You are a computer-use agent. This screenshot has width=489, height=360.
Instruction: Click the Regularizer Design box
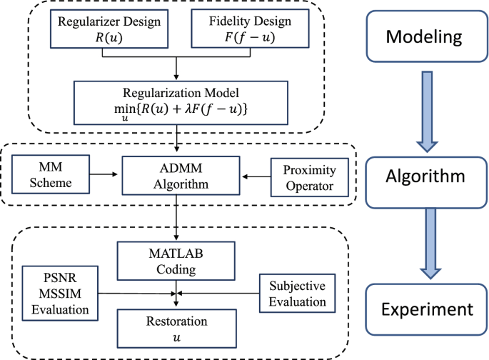coord(109,29)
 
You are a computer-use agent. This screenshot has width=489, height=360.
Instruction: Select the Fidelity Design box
coord(250,29)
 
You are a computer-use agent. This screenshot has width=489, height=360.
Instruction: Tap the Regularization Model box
coord(181,103)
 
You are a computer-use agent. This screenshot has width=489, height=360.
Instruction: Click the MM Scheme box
coord(51,174)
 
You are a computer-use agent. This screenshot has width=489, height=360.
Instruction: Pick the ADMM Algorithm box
coord(181,176)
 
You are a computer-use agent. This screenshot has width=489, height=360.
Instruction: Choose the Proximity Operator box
coord(310,178)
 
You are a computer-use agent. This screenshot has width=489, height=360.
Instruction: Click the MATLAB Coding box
coord(176,261)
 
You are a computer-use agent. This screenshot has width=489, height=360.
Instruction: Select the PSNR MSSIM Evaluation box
coord(60,294)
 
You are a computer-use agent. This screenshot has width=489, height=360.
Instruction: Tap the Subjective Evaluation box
coord(298,294)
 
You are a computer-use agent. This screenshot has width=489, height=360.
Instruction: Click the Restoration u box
coord(177,329)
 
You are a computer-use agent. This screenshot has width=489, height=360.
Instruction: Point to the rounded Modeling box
coord(427,36)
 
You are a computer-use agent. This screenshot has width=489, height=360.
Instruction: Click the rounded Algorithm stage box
coord(426,182)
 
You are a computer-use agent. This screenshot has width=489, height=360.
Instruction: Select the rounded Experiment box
coord(427,309)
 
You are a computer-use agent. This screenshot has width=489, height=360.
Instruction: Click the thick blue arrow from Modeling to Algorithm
coord(428,111)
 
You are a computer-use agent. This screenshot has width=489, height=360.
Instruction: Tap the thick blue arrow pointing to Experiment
coord(430,244)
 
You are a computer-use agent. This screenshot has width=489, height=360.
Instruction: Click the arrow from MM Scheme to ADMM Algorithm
coord(104,174)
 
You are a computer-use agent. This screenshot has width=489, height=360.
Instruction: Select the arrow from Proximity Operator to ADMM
coord(256,177)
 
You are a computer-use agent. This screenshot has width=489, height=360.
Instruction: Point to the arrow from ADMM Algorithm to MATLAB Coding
coord(176,218)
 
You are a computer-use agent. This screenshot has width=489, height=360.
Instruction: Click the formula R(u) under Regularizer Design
coord(109,37)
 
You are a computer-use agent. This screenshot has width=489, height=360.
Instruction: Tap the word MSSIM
coord(60,294)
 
